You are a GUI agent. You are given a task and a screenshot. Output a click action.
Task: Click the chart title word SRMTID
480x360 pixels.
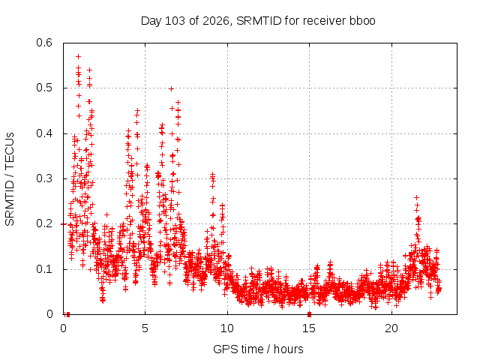pos(259,21)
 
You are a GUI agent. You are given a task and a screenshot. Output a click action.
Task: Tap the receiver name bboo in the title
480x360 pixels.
pos(361,21)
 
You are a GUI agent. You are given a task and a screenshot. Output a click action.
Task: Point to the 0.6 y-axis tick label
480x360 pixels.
pos(44,43)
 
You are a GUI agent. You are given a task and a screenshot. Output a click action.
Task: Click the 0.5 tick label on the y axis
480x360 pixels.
pos(44,88)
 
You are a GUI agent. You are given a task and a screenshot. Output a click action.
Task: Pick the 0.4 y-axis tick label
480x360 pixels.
pos(44,133)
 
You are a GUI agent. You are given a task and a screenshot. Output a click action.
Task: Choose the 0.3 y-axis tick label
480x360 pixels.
pos(44,178)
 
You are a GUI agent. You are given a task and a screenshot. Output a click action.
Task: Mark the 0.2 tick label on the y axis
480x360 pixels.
pos(44,223)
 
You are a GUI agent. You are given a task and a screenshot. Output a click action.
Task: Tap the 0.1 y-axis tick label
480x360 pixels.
pos(44,269)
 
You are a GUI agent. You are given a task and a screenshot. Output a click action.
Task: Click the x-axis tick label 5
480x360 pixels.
pos(145,328)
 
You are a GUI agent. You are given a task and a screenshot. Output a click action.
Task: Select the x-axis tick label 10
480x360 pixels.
pos(227,328)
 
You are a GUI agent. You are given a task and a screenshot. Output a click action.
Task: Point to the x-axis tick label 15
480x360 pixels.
pos(309,328)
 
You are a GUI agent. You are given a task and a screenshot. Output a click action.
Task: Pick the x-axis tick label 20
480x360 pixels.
pos(391,328)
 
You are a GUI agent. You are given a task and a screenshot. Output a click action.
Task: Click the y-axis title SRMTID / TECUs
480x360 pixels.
pos(10,179)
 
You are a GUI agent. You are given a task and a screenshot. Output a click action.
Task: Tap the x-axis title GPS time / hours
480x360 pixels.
pos(258,349)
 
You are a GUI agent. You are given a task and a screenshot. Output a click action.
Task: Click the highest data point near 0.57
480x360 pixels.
pos(78,57)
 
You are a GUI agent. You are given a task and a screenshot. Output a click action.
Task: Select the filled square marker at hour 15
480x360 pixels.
pos(309,314)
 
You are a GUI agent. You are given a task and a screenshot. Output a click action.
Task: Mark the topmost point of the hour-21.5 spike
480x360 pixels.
pos(416,198)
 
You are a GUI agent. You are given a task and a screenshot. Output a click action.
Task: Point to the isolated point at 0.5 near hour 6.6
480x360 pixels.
pos(172,88)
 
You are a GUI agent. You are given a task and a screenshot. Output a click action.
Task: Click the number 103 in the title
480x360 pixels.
pos(175,21)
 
